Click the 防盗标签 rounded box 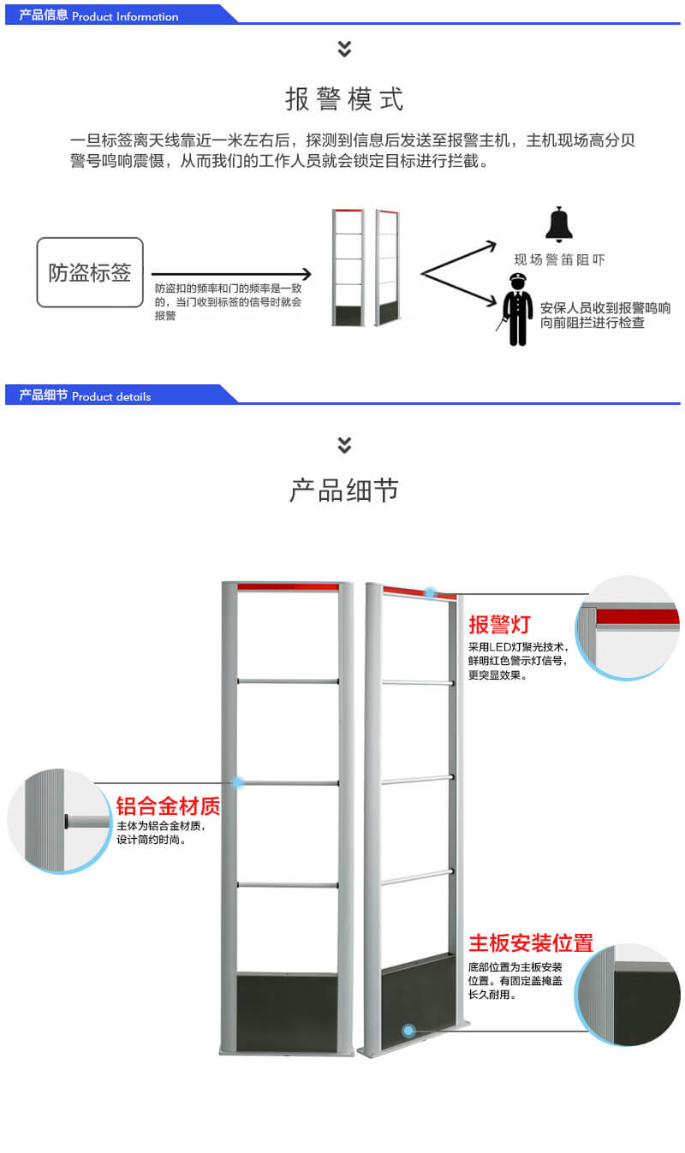click(x=90, y=273)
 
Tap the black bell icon click(x=558, y=225)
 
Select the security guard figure click(x=515, y=309)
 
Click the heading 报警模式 click(x=343, y=99)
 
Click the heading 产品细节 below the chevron click(x=343, y=490)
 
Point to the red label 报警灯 click(x=499, y=624)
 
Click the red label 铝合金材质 click(x=168, y=806)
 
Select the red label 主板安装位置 click(x=531, y=943)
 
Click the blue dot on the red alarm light click(x=430, y=592)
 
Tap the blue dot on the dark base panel click(x=408, y=1031)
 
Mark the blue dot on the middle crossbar click(x=238, y=782)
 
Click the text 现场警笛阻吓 click(x=558, y=259)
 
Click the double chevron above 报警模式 click(x=344, y=49)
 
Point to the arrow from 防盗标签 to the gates click(x=231, y=274)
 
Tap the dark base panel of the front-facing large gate click(x=287, y=1012)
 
